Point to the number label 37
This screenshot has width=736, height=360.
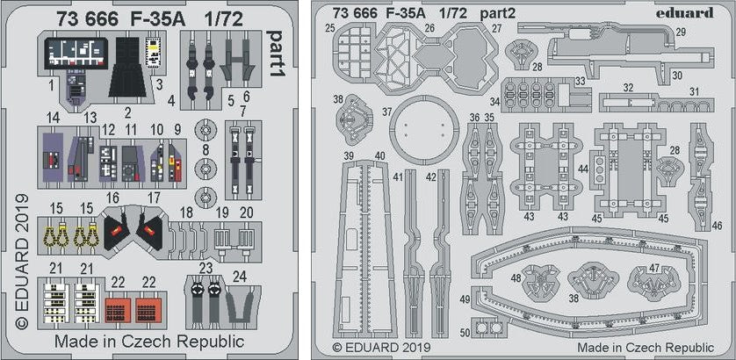click(386, 112)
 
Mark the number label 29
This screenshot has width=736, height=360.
click(681, 32)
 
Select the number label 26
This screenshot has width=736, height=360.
click(429, 28)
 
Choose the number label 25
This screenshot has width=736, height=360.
click(329, 28)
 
